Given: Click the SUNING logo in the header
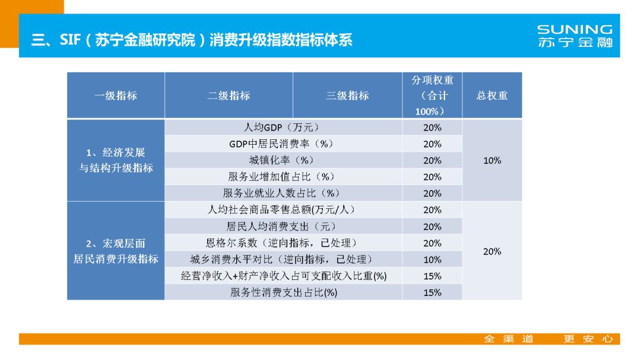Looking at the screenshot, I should pyautogui.click(x=574, y=36).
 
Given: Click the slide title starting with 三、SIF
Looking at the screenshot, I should pyautogui.click(x=192, y=40).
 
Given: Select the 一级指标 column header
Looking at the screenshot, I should pyautogui.click(x=116, y=95).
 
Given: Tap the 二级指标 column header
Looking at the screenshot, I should pyautogui.click(x=229, y=95).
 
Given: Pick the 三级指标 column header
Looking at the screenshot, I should pyautogui.click(x=347, y=95).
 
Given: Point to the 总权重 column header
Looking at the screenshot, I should pyautogui.click(x=492, y=95).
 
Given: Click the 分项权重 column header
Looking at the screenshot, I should pyautogui.click(x=432, y=95).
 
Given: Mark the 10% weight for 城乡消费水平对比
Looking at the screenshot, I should pyautogui.click(x=432, y=260).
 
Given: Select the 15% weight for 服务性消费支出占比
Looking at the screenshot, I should pyautogui.click(x=432, y=292).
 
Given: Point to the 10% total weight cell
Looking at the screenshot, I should pyautogui.click(x=492, y=160).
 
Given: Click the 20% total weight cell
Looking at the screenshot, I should pyautogui.click(x=492, y=251).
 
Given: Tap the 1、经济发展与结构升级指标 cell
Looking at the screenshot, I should pyautogui.click(x=116, y=160).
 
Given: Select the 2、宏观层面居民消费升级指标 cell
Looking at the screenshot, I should pyautogui.click(x=116, y=251).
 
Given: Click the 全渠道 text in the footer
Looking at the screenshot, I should pyautogui.click(x=509, y=339).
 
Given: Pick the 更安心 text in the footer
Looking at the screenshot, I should pyautogui.click(x=588, y=339).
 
